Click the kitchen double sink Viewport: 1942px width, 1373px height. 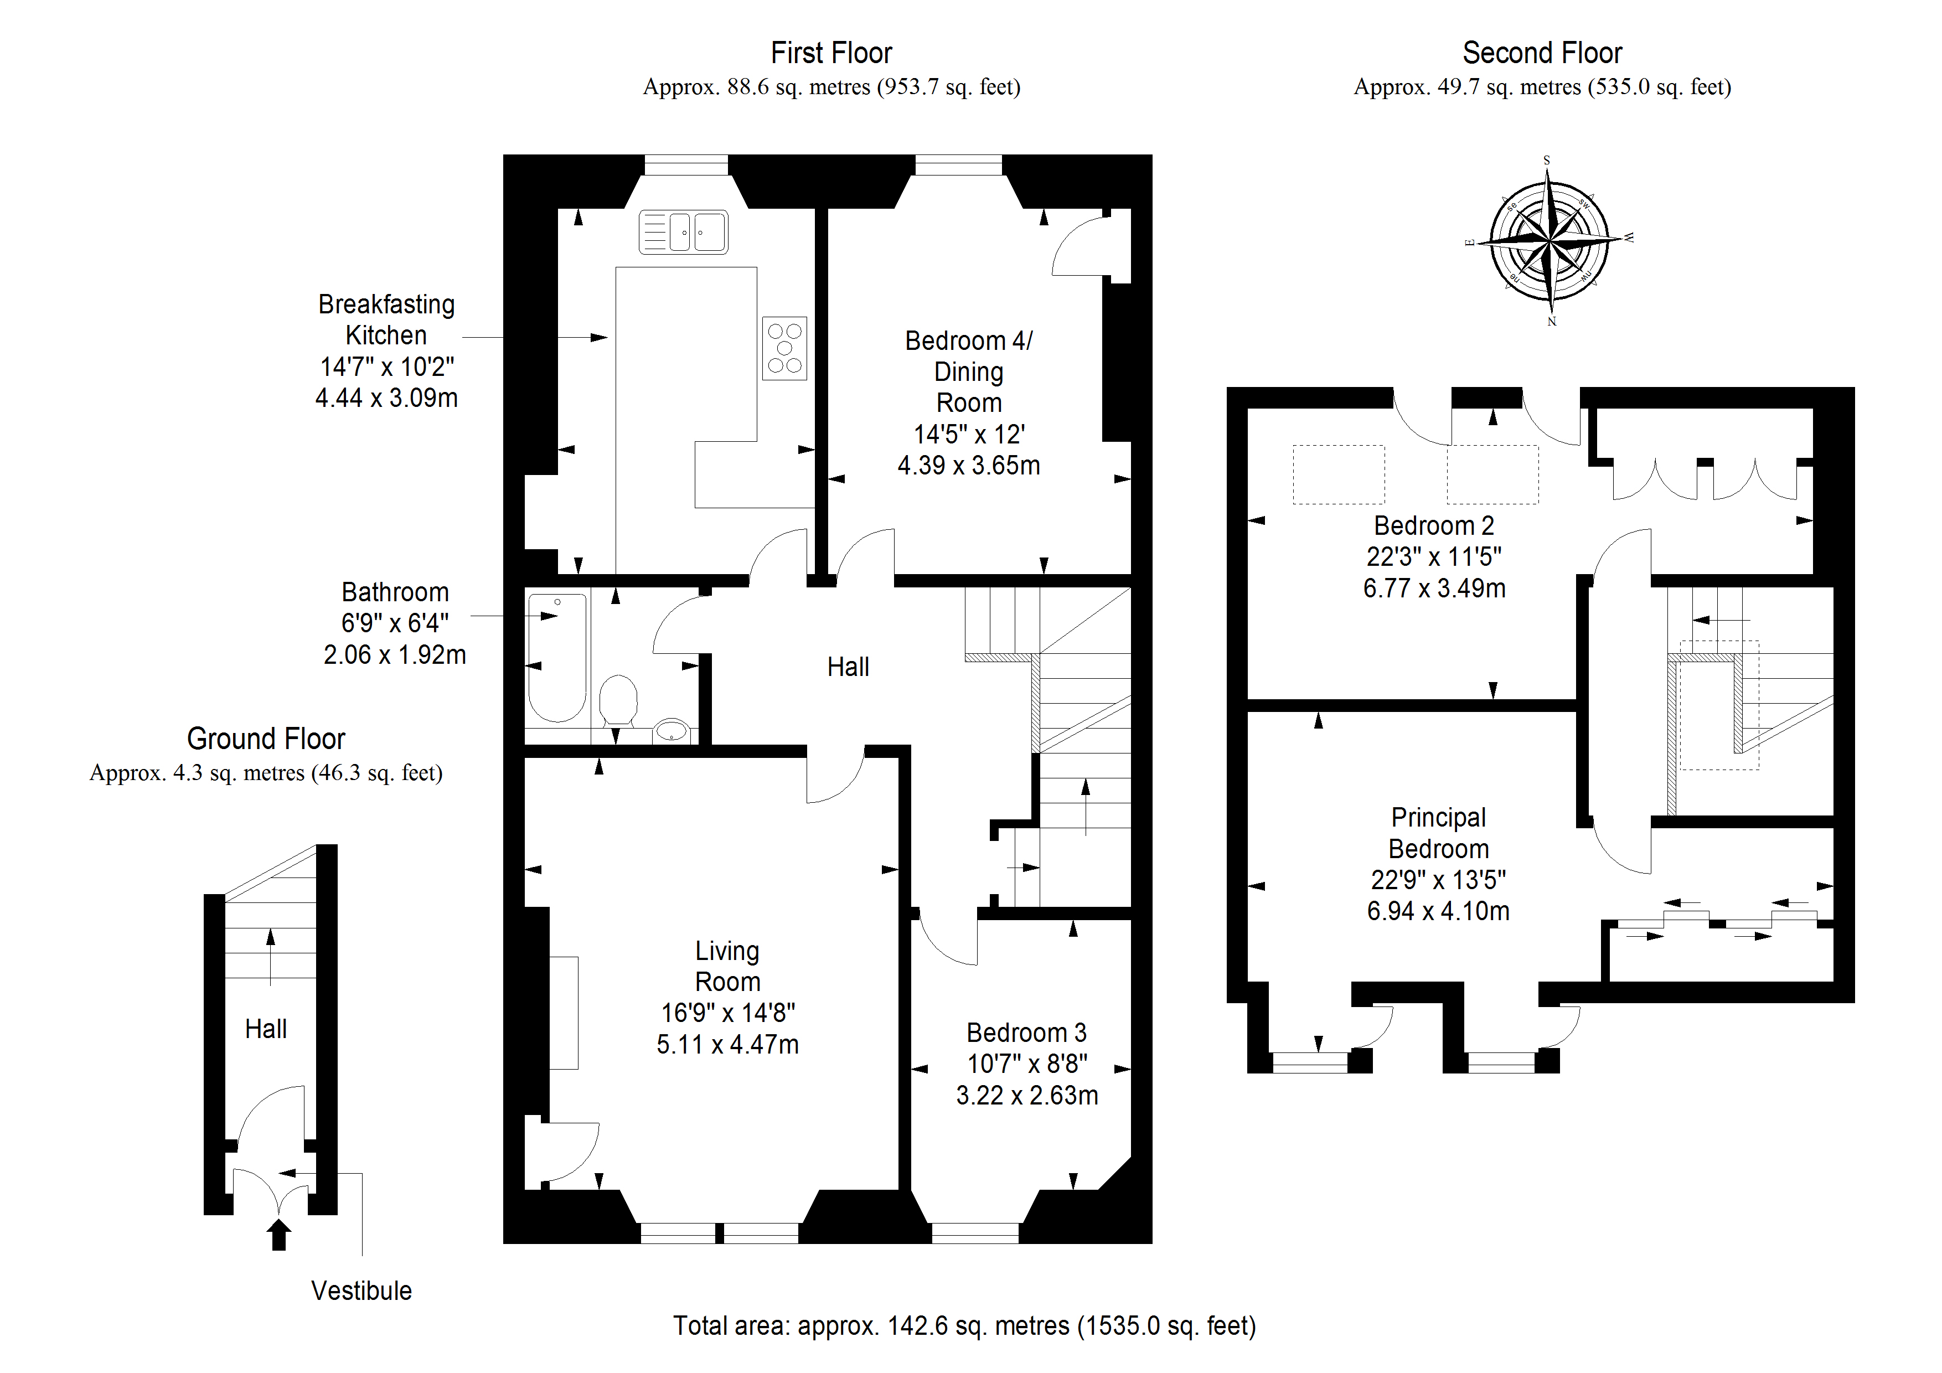click(684, 232)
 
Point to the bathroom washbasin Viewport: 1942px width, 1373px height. click(672, 730)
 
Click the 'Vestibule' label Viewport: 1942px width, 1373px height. click(361, 1291)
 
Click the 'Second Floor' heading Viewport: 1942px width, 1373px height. click(1542, 53)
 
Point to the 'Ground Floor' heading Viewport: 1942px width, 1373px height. click(266, 739)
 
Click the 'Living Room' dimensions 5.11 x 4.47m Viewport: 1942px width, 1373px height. click(727, 1045)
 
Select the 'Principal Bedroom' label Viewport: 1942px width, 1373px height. click(1438, 833)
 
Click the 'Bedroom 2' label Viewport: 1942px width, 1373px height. click(1434, 526)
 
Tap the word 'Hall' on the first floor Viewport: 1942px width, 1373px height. click(848, 668)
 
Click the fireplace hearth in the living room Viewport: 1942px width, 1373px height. click(564, 1013)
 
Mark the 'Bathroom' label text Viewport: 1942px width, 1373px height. click(395, 592)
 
